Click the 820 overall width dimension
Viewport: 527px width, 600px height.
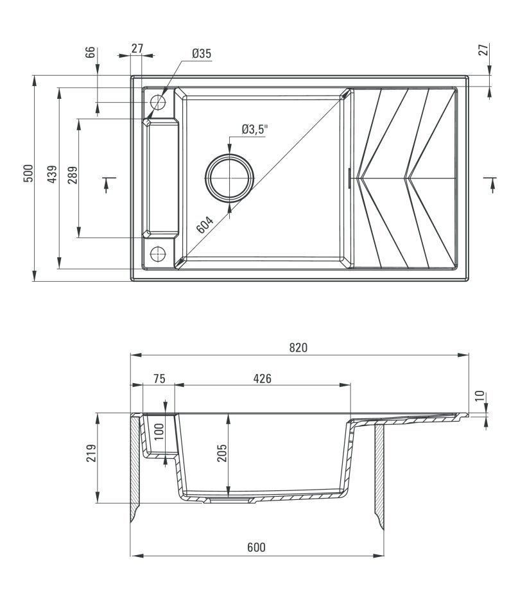298,347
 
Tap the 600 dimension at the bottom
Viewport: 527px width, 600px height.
256,547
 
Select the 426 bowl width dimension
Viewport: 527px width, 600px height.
262,379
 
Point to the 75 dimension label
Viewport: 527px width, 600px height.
159,379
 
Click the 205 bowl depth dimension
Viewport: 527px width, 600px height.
222,453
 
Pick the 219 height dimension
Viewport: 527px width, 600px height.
91,453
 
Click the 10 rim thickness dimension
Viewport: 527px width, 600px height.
479,397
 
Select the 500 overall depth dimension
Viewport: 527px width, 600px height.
28,173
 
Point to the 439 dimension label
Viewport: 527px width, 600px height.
52,174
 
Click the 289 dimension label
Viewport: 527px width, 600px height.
73,175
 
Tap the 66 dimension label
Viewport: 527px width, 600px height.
89,53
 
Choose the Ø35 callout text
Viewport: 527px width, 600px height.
202,53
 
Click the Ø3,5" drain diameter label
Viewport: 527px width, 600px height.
254,130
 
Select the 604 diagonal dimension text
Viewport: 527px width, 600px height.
204,225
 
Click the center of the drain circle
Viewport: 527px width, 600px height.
230,178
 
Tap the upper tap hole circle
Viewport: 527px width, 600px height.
158,103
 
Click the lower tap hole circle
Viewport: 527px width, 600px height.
157,253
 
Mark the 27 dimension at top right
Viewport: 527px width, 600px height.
484,50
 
